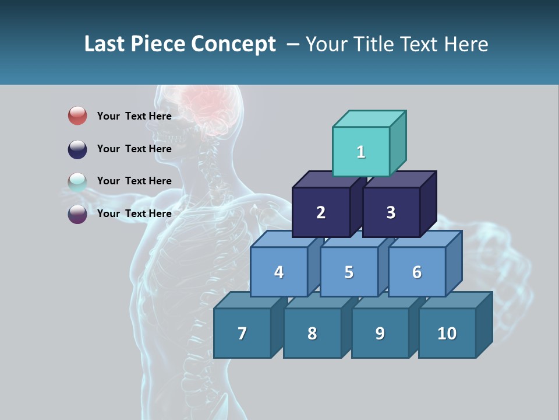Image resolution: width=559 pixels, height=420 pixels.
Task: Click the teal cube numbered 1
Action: [x=361, y=152]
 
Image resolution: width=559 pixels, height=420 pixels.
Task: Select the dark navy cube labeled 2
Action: [x=321, y=212]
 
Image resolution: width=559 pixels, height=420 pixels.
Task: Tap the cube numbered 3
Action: [x=391, y=212]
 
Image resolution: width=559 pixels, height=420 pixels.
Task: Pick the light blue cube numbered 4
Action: [x=279, y=272]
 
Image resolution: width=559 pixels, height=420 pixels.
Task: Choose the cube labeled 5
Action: [x=349, y=272]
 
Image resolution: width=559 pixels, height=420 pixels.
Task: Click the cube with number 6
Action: [x=417, y=272]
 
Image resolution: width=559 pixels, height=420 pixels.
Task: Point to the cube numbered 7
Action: [x=242, y=333]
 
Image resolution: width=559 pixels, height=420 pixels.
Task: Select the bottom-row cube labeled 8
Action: [x=312, y=333]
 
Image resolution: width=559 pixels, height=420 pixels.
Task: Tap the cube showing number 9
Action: [x=380, y=333]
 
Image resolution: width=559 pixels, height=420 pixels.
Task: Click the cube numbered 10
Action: [x=447, y=333]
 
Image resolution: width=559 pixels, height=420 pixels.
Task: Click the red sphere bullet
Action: [x=77, y=116]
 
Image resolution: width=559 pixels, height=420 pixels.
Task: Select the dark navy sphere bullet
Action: [x=77, y=149]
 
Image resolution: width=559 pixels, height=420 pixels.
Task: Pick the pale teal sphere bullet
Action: [x=77, y=181]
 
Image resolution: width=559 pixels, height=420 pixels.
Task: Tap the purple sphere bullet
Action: [x=77, y=213]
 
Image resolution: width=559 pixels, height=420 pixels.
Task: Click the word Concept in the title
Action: [x=233, y=44]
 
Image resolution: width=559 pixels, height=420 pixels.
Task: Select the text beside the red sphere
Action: [x=134, y=116]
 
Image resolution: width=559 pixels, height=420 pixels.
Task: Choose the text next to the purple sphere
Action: [x=134, y=213]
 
